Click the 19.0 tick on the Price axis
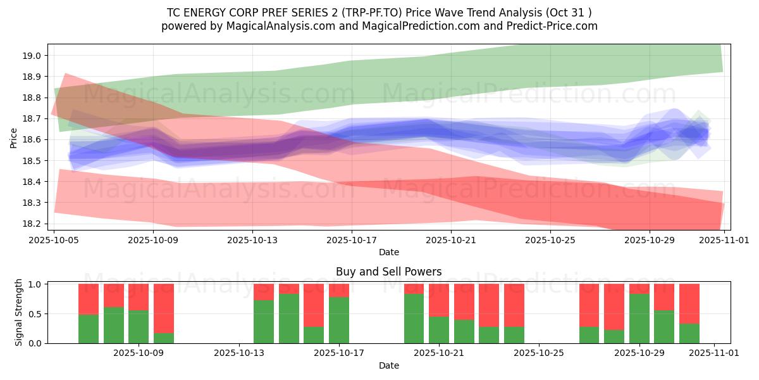pos(32,56)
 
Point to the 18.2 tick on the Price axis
pos(32,224)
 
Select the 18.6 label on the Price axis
pos(32,139)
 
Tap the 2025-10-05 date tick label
pos(54,240)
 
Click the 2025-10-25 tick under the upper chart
pos(551,240)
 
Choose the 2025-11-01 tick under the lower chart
pos(714,353)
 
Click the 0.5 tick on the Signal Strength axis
pos(35,313)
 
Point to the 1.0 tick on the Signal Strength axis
pos(35,284)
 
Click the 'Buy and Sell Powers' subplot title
pos(388,272)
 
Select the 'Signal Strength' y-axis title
pos(19,312)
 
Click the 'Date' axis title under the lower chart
pos(388,365)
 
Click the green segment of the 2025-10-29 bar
pos(639,319)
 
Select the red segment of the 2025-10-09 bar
pos(139,297)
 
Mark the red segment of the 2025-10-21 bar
pos(439,300)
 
